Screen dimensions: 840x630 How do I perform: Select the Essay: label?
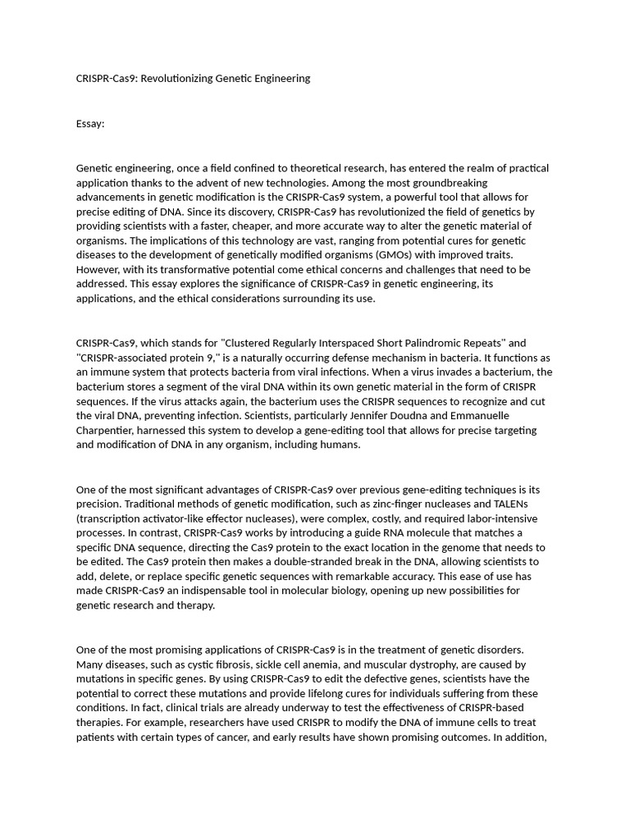[90, 124]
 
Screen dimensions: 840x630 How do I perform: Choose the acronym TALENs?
[516, 504]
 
